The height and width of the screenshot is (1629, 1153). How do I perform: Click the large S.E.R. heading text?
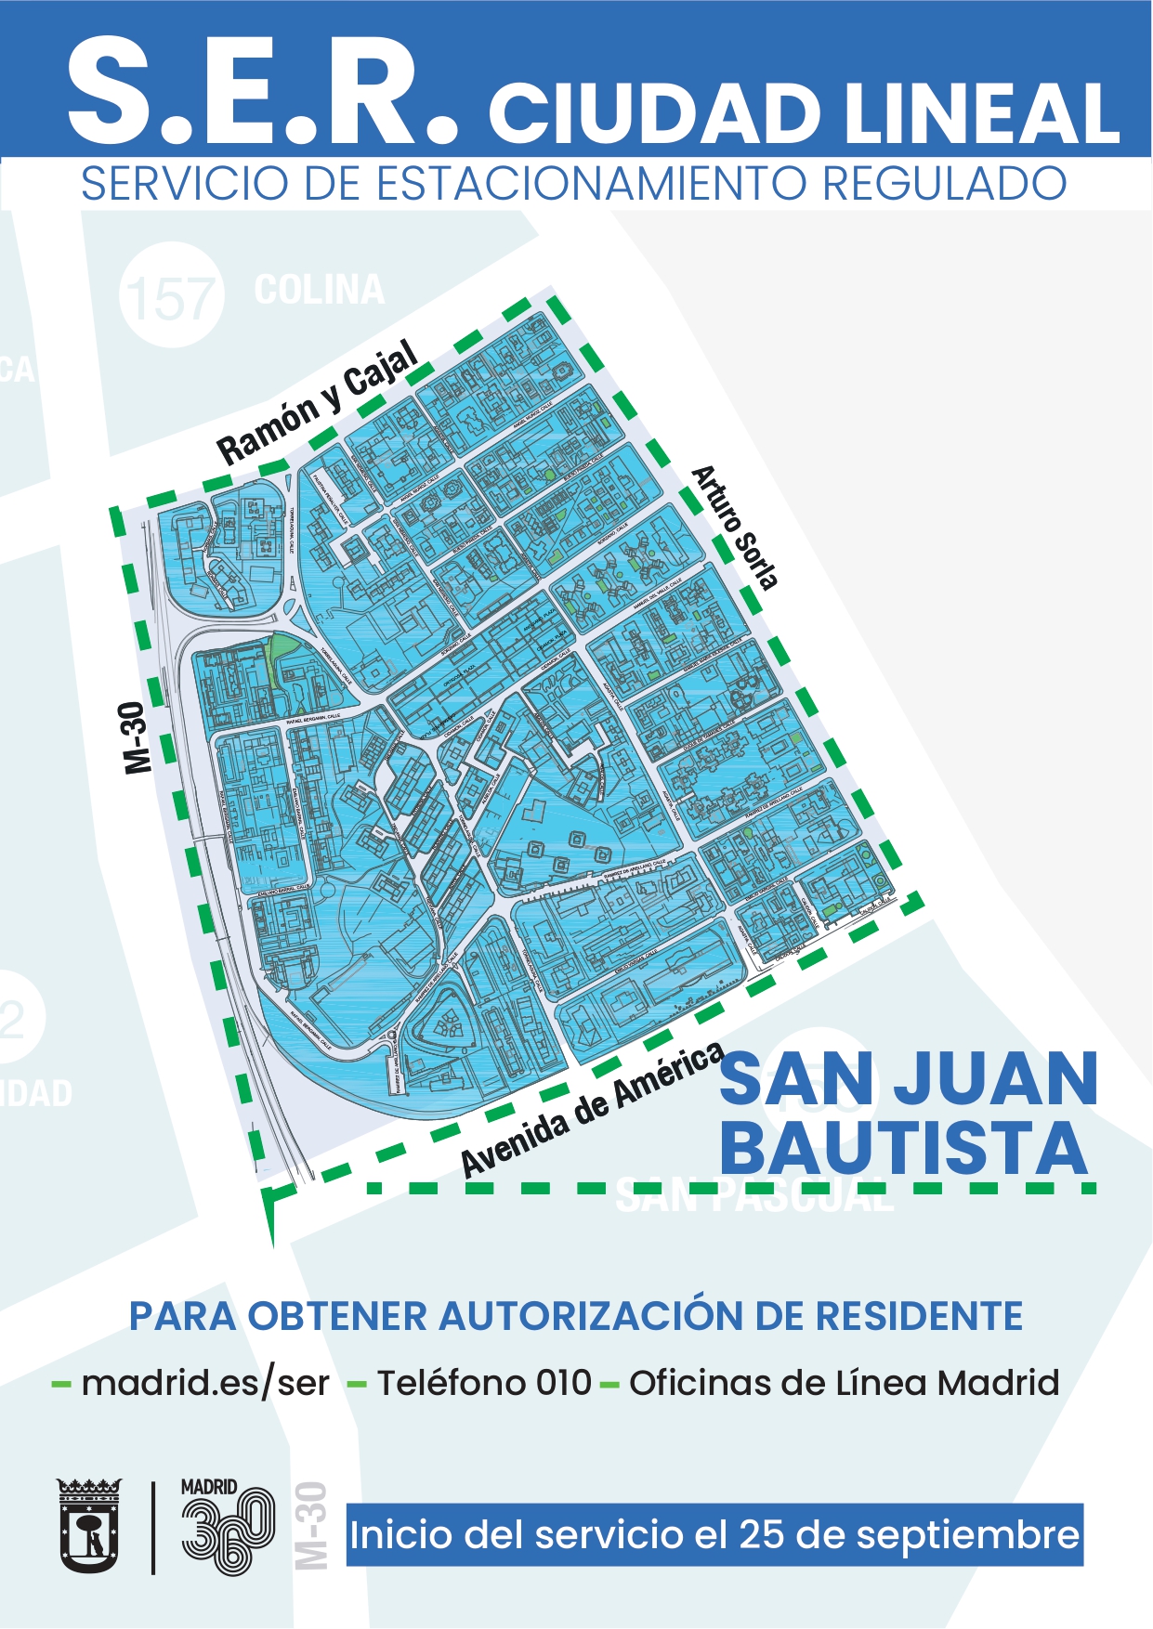[x=262, y=93]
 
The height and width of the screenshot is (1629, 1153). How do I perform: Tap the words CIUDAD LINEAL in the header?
[x=804, y=113]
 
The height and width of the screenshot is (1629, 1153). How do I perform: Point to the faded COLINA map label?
[x=319, y=290]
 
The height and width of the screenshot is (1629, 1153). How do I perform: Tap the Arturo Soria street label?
[x=735, y=528]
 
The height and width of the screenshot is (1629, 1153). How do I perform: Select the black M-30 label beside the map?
[x=136, y=737]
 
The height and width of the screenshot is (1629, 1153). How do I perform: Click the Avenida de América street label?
[x=593, y=1111]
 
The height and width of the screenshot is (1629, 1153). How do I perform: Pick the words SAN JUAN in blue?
[x=909, y=1079]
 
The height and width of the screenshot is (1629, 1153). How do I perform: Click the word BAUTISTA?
[x=903, y=1148]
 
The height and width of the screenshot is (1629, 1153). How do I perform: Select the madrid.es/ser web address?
[x=205, y=1383]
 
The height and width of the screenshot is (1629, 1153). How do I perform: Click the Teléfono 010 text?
[x=483, y=1383]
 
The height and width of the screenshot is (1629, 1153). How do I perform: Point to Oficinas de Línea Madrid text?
[x=844, y=1383]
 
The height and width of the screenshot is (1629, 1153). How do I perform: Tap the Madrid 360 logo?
[x=228, y=1528]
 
